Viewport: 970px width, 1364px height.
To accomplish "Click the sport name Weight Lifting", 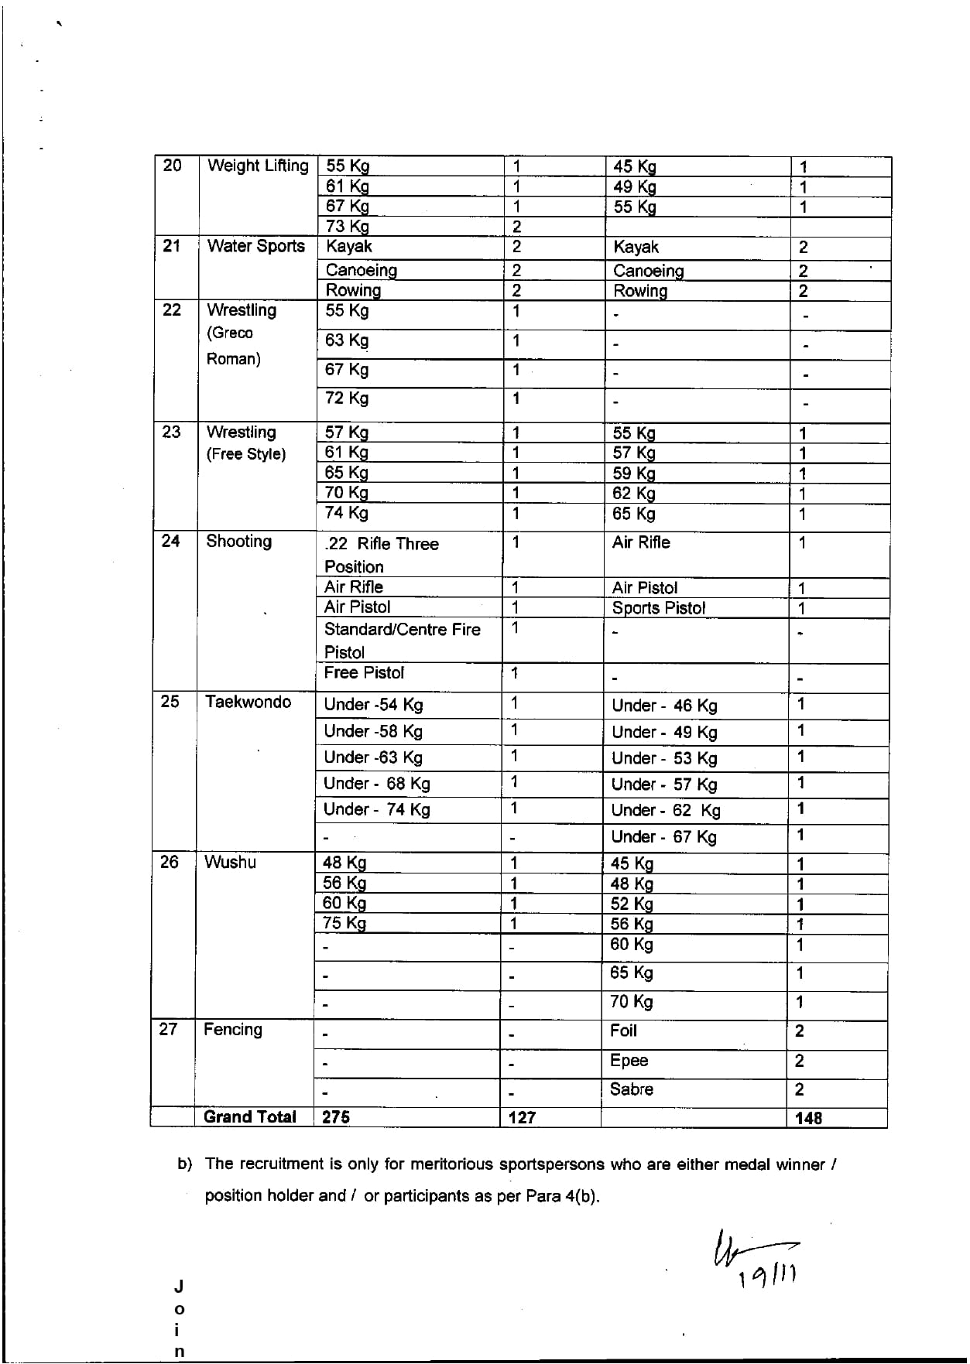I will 258,166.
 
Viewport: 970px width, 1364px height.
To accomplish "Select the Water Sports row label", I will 256,247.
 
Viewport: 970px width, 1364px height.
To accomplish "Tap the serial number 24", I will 170,542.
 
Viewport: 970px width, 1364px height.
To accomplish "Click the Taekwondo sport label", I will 248,703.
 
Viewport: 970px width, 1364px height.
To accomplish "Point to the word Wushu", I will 230,863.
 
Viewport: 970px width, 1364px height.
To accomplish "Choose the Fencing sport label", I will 232,1030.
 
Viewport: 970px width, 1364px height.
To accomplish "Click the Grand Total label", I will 249,1117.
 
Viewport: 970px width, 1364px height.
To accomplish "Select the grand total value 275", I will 336,1117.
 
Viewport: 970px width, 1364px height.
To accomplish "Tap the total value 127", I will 522,1118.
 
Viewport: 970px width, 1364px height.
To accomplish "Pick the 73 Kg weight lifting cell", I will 348,227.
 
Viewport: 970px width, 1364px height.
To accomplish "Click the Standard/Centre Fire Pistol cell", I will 402,641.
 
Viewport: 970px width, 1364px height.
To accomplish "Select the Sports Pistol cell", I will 659,608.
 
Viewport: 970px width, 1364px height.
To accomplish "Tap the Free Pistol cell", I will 364,673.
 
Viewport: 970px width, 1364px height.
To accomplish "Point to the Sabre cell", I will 632,1090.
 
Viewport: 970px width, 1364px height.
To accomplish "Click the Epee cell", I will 629,1061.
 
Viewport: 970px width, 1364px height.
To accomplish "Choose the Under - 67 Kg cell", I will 663,837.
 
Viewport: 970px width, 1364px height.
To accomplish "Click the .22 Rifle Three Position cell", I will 382,555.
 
